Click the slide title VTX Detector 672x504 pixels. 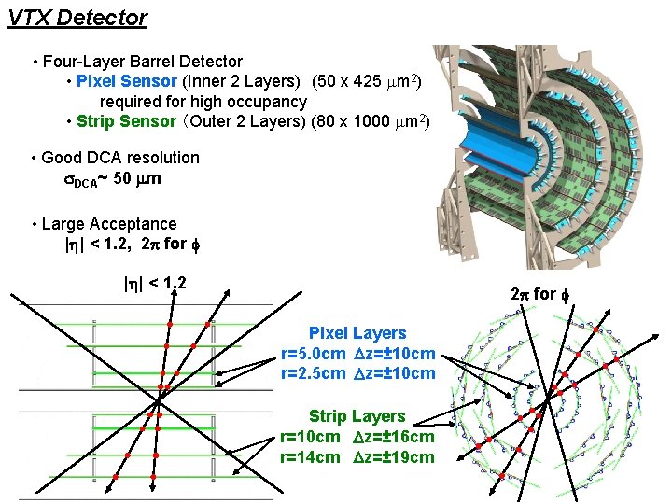77,17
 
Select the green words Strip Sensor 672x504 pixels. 126,121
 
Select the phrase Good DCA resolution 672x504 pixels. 120,158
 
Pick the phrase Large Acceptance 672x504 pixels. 109,224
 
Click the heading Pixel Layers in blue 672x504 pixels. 357,333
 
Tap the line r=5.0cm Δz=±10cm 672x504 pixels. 357,354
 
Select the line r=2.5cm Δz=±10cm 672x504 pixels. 357,373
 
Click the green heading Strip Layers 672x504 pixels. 357,416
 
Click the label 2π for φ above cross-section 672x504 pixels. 533,294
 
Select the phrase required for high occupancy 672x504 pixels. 203,101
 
